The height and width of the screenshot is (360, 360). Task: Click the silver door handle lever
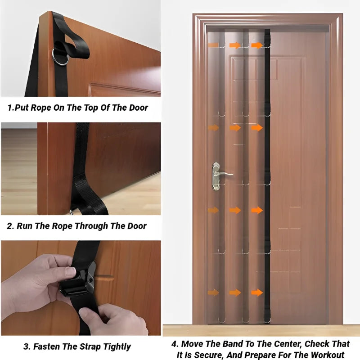pos(223,173)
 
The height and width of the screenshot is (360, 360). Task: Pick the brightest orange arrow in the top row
pos(257,45)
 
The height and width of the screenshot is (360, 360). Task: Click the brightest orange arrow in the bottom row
pos(257,293)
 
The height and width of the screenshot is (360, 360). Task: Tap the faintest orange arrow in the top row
pos(213,45)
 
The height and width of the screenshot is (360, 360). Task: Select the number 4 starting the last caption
pos(175,344)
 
